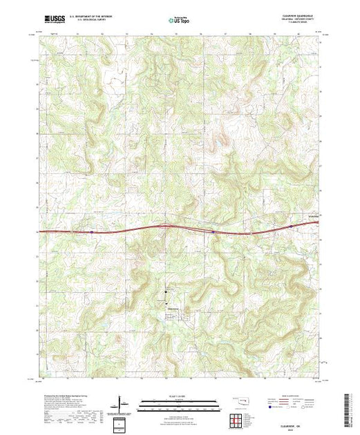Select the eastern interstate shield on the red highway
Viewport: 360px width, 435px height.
[290, 225]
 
